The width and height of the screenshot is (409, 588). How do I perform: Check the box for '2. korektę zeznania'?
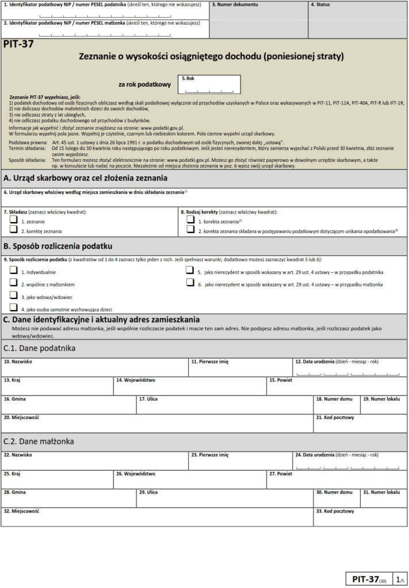pos(13,230)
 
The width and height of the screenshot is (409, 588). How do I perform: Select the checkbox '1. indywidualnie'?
pos(13,270)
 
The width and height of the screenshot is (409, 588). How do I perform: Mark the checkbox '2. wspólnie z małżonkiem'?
pos(13,283)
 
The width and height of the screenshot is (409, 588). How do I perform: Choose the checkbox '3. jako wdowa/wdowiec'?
pos(13,295)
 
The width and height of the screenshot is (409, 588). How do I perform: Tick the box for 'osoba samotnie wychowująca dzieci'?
pos(13,308)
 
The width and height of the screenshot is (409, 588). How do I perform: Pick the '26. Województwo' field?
pos(190,480)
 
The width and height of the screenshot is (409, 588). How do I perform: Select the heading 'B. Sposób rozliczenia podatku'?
pos(58,246)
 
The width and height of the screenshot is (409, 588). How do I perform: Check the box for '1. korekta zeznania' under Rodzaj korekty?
pos(190,220)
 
